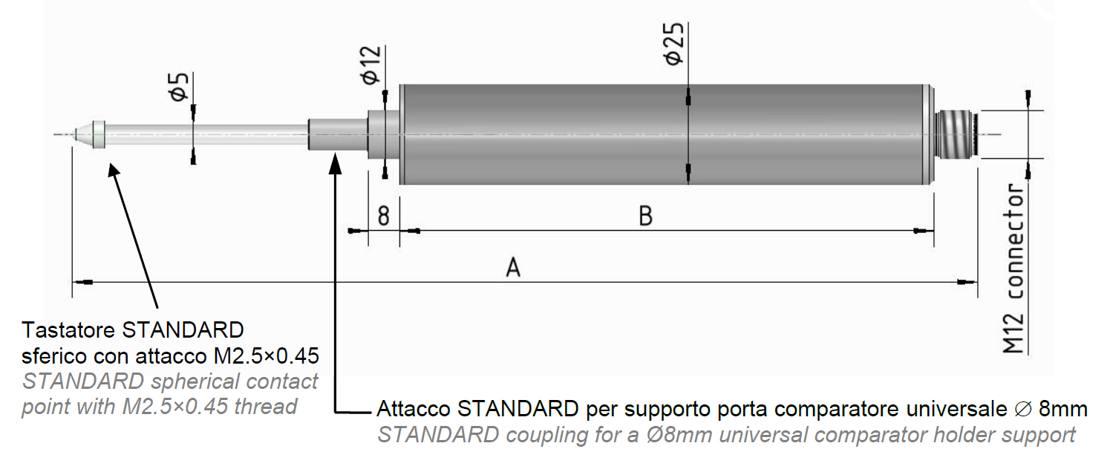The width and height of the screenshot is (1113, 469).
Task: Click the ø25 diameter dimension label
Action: tap(674, 44)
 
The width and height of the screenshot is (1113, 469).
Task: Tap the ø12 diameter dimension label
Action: tap(371, 65)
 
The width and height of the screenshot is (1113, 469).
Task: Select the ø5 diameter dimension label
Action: tap(180, 87)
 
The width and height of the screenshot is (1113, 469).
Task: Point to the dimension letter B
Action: tap(645, 216)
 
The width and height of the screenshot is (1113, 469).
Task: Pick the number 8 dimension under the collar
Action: tap(384, 216)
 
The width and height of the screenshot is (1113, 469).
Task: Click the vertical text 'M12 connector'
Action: tap(1014, 269)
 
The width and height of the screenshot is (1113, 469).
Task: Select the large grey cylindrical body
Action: tap(667, 134)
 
